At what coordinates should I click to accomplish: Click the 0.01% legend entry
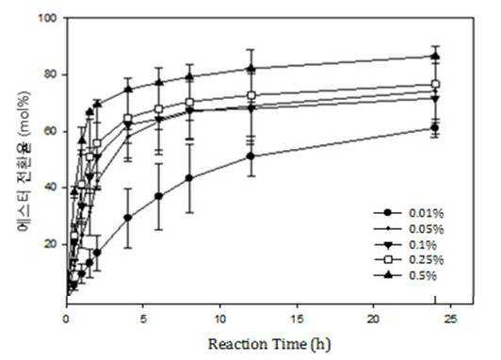tap(409, 213)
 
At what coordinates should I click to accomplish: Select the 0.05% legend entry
tap(409, 229)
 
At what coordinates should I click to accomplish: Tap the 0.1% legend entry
tap(405, 245)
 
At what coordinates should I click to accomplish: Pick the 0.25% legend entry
tap(409, 259)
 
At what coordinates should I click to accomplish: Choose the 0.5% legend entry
tap(405, 275)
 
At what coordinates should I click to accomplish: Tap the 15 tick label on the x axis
tap(298, 319)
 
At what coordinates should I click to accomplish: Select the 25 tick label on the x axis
tap(450, 319)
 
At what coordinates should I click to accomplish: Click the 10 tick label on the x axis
tap(220, 319)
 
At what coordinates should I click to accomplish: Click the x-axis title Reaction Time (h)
tap(269, 344)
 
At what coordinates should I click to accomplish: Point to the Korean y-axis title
tap(24, 161)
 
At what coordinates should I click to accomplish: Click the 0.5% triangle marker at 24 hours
tap(435, 57)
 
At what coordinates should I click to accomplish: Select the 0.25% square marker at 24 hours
tap(435, 85)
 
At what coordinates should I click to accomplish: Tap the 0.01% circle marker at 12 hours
tap(250, 156)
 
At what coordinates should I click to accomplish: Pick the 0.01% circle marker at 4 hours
tap(128, 218)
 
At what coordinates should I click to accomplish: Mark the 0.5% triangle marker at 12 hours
tap(250, 68)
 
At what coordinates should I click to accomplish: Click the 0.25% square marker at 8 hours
tap(189, 103)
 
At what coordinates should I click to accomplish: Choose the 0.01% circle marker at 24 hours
tap(435, 128)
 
